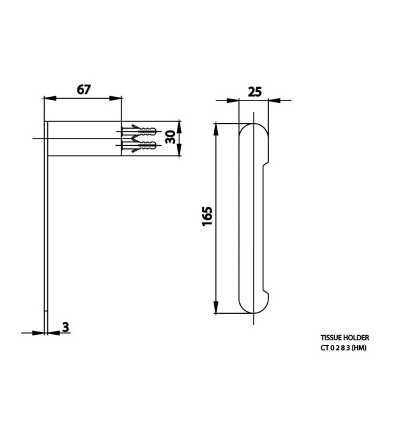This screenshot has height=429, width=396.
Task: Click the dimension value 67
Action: tap(84, 89)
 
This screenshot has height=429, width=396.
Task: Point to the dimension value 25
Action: tap(255, 92)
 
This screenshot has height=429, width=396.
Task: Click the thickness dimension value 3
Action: tap(65, 327)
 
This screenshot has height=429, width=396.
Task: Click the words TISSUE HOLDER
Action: tap(344, 338)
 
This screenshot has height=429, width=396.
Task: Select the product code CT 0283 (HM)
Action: tap(343, 348)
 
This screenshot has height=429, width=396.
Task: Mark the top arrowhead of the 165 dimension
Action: tap(216, 127)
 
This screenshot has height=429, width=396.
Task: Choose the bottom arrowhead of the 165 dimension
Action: tap(216, 309)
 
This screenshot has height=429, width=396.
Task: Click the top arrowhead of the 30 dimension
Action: tap(179, 124)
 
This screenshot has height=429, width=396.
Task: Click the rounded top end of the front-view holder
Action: tap(254, 132)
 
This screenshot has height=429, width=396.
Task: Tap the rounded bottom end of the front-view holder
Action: tap(254, 306)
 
